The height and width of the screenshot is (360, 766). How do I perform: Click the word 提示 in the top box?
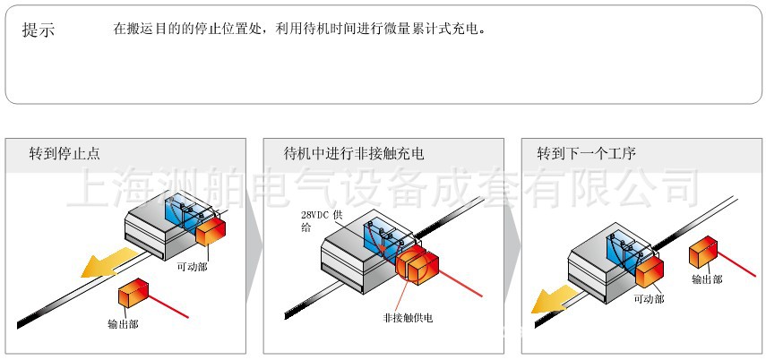pyautogui.click(x=39, y=30)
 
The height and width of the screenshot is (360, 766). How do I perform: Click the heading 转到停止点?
pyautogui.click(x=65, y=154)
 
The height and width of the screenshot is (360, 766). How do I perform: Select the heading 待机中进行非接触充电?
pyautogui.click(x=354, y=154)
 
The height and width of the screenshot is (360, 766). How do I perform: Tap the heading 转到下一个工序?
pyautogui.click(x=586, y=154)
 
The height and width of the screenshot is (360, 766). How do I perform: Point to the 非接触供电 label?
pyautogui.click(x=408, y=318)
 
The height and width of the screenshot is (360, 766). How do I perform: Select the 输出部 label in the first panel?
pyautogui.click(x=123, y=324)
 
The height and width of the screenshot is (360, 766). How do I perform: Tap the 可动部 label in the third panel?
pyautogui.click(x=649, y=299)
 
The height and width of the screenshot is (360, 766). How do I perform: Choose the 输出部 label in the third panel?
pyautogui.click(x=707, y=279)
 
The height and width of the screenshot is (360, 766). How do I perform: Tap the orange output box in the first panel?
pyautogui.click(x=133, y=293)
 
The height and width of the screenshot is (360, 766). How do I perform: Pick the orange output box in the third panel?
pyautogui.click(x=703, y=251)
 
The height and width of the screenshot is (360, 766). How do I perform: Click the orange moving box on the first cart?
pyautogui.click(x=211, y=232)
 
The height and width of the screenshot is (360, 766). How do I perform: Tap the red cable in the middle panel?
pyautogui.click(x=460, y=283)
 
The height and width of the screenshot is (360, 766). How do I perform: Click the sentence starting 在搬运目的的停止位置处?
pyautogui.click(x=300, y=30)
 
